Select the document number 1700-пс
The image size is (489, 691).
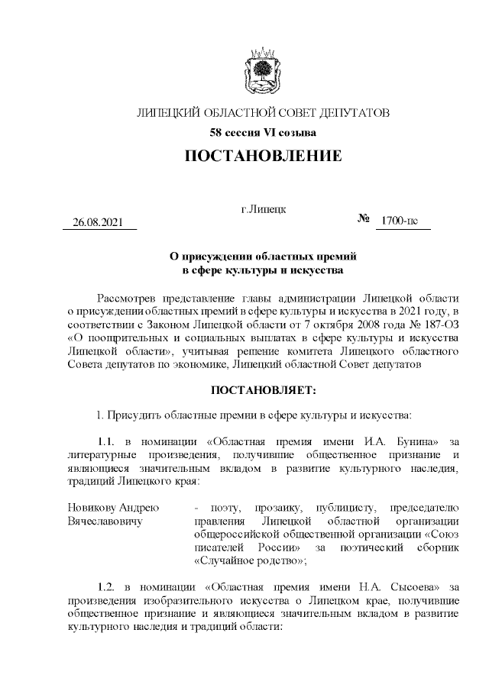point(401,221)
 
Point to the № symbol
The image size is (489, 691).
point(363,219)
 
